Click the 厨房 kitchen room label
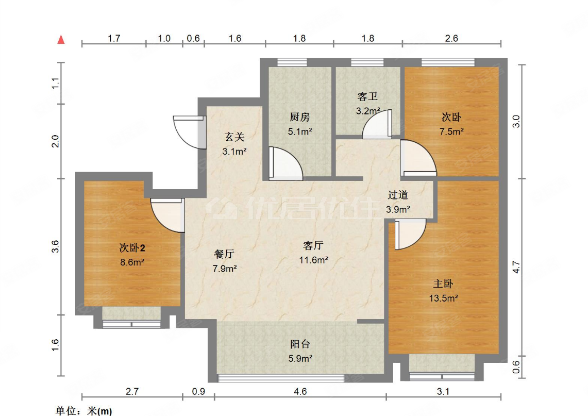coord(299,117)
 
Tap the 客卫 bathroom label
coord(368,96)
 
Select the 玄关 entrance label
coord(234,137)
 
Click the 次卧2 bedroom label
coord(132,248)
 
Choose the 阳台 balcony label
coord(300,344)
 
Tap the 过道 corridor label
coord(398,195)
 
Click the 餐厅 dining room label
coord(225,254)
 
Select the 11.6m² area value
coord(314,260)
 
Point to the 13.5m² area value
coord(444,298)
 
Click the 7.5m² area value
coord(451,131)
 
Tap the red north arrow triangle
coord(61,40)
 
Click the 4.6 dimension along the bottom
coord(300,392)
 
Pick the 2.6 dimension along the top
coord(451,38)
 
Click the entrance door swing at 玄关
coord(187,132)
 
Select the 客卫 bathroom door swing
coord(377,126)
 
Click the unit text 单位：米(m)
coord(83,411)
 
